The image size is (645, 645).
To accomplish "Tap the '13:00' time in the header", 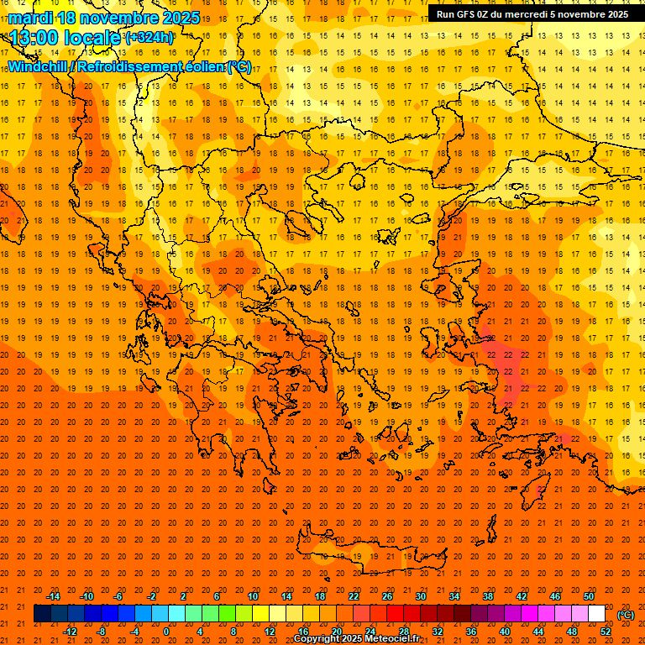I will click(x=35, y=38).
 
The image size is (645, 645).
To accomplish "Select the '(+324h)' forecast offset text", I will click(x=149, y=38).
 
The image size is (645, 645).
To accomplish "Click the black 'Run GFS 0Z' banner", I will click(x=532, y=13).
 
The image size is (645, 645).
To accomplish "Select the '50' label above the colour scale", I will click(x=589, y=596).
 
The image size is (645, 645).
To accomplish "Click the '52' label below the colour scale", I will click(x=606, y=631).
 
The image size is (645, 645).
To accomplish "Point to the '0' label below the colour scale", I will click(x=166, y=631).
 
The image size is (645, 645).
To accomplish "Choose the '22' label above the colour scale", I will click(x=354, y=596).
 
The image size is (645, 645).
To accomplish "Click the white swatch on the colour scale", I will click(x=596, y=614).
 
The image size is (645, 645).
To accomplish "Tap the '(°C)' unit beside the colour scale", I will click(x=627, y=615).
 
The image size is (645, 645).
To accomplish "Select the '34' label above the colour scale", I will click(x=454, y=596).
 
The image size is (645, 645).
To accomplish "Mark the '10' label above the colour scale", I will click(x=252, y=596).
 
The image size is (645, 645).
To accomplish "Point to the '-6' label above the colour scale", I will click(x=118, y=596).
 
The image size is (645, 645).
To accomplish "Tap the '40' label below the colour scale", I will click(x=505, y=631).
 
